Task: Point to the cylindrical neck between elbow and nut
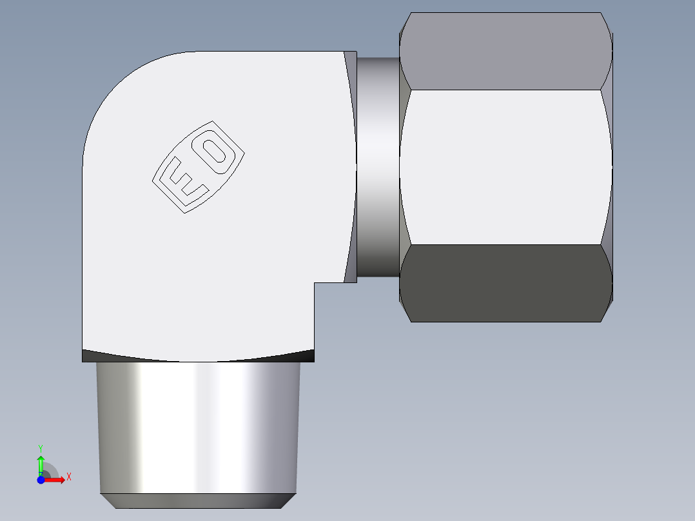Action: pyautogui.click(x=378, y=167)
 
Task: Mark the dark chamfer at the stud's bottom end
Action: pyautogui.click(x=198, y=501)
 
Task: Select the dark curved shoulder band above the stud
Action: pyautogui.click(x=198, y=356)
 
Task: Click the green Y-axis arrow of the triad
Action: pyautogui.click(x=40, y=464)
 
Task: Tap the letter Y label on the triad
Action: pyautogui.click(x=40, y=447)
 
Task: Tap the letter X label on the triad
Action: pyautogui.click(x=68, y=477)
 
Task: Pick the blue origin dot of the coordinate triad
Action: pyautogui.click(x=40, y=480)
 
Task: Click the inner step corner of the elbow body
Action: pyautogui.click(x=315, y=283)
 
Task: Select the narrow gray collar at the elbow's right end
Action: pyautogui.click(x=350, y=167)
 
